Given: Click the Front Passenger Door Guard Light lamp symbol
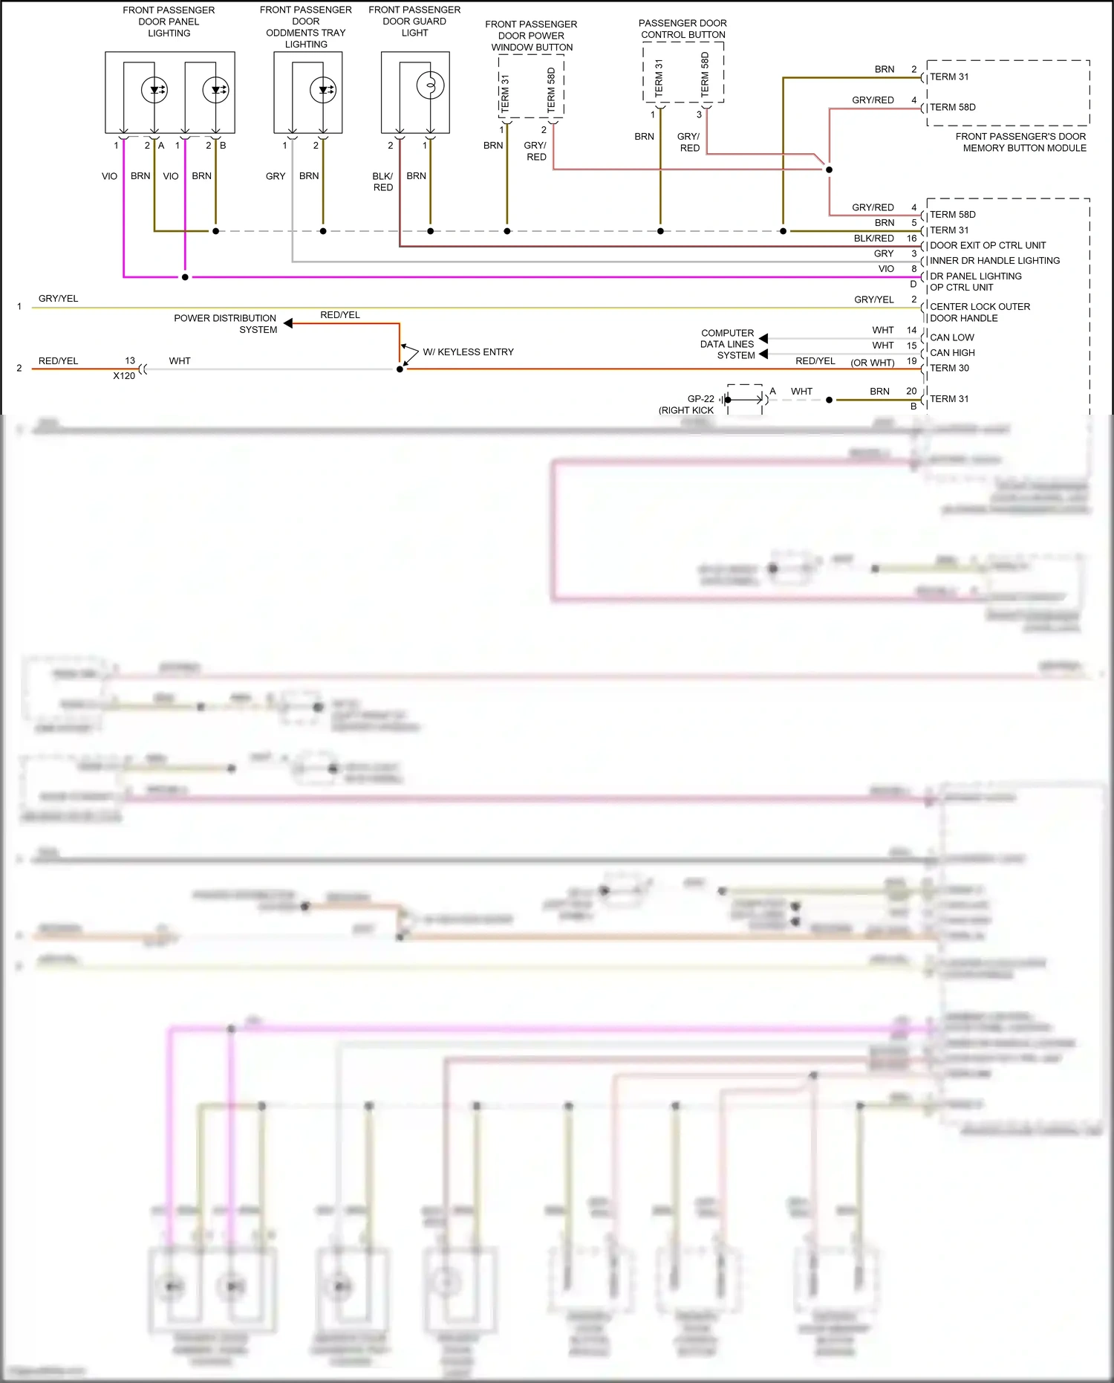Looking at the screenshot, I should click(430, 85).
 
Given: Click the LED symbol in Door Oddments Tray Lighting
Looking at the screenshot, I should click(323, 90).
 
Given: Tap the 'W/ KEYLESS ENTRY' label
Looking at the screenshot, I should click(468, 352).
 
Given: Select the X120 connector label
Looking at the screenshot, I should click(124, 376).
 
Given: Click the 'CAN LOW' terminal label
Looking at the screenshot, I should click(951, 337).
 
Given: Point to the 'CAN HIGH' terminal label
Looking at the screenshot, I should click(952, 353).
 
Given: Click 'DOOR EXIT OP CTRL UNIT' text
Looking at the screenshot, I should click(987, 245).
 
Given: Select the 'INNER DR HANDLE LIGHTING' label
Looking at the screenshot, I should click(994, 261).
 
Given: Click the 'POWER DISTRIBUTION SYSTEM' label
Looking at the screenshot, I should click(225, 324).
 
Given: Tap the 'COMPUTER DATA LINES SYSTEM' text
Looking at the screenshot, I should click(727, 344).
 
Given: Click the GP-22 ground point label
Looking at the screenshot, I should click(700, 399).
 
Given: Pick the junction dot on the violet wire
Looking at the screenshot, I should click(185, 277).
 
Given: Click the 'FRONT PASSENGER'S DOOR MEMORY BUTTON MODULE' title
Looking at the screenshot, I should click(1021, 142).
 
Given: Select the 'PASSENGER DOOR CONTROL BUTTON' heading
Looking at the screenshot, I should click(683, 29).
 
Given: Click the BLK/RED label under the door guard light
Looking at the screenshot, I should click(382, 182).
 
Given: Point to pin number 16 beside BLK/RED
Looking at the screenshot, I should click(911, 239).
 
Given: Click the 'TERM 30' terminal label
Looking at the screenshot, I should click(949, 369).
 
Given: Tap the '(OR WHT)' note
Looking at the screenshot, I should click(872, 363).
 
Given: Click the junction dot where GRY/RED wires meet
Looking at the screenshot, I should click(829, 169).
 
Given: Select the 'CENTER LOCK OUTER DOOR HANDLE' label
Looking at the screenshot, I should click(979, 312).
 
